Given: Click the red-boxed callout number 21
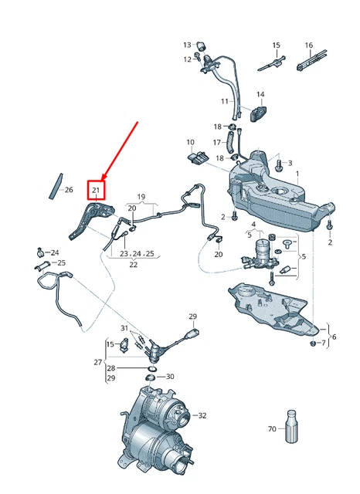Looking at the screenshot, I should coord(97,189).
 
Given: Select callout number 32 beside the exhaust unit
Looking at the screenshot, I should coord(203,415).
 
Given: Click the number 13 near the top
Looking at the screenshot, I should coord(187,45).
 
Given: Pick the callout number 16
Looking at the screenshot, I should coord(308,45).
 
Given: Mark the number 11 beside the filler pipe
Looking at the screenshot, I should coord(225,102).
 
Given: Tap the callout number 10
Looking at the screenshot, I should coord(190,142).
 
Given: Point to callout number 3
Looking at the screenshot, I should coord(290,164).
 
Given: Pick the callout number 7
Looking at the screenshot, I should coord(323,342).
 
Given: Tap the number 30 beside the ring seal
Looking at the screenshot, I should coord(170,377).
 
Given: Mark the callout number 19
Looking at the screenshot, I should coord(141,197).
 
